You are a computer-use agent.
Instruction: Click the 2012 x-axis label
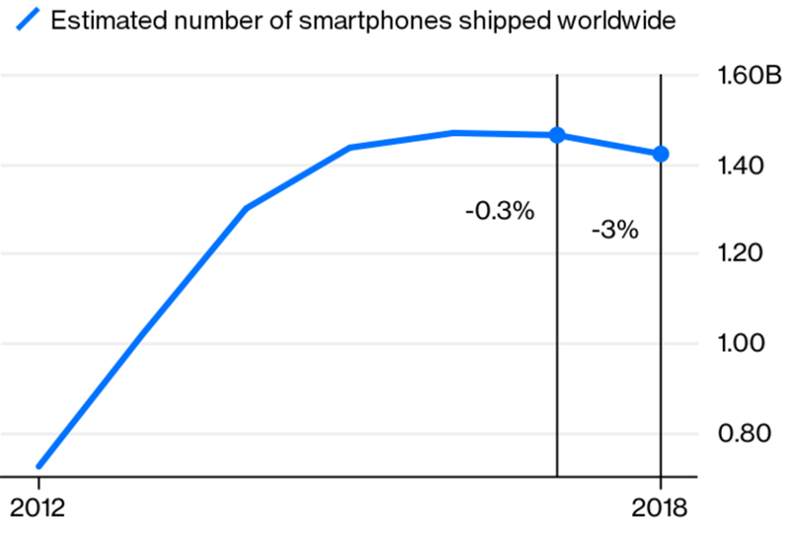[37, 510]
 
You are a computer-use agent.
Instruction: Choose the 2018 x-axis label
[660, 510]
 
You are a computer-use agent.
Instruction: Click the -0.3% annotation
[499, 210]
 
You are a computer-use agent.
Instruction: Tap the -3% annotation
[614, 232]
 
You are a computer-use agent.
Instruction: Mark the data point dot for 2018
[660, 154]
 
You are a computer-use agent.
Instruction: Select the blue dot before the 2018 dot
[557, 135]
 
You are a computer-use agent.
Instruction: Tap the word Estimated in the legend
[99, 21]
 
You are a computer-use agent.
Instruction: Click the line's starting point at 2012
[38, 465]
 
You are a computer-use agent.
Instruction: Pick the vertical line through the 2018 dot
[660, 315]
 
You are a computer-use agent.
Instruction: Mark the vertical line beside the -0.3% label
[557, 315]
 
